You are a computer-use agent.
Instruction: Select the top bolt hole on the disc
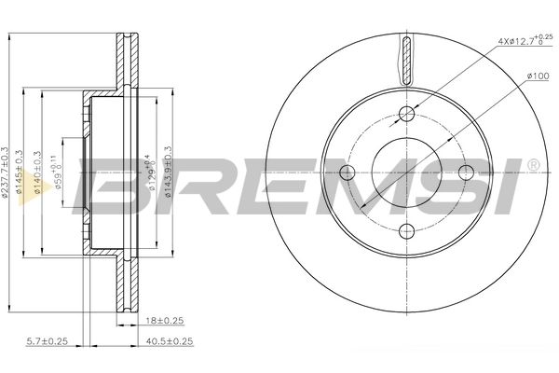[x=406, y=114]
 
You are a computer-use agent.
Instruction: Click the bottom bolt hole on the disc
[x=406, y=231]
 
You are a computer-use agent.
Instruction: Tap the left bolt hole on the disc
[x=348, y=173]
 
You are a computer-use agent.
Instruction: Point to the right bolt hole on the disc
[x=465, y=173]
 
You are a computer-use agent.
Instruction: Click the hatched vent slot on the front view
[x=406, y=58]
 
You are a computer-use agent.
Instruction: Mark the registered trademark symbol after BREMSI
[x=532, y=164]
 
